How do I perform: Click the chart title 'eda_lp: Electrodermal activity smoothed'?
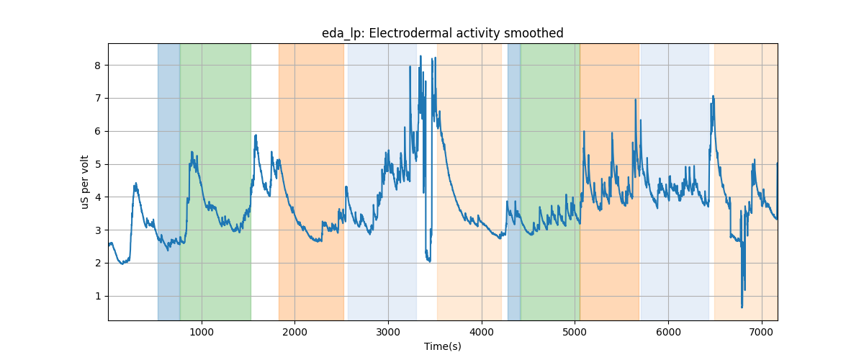pyautogui.click(x=442, y=33)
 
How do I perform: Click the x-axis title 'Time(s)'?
pyautogui.click(x=442, y=346)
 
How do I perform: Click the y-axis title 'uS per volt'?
pyautogui.click(x=85, y=182)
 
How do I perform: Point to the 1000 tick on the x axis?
pyautogui.click(x=202, y=331)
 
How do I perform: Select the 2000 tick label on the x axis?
pyautogui.click(x=295, y=331)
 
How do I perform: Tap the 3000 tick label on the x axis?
pyautogui.click(x=388, y=331)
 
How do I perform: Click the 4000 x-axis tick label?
pyautogui.click(x=482, y=331)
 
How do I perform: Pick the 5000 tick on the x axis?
pyautogui.click(x=575, y=331)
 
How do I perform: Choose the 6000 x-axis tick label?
pyautogui.click(x=668, y=331)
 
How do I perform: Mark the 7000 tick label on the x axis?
pyautogui.click(x=761, y=331)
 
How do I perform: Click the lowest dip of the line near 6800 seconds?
pyautogui.click(x=742, y=307)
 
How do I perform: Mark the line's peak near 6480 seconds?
pyautogui.click(x=713, y=96)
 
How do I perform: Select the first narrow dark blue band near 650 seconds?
pyautogui.click(x=168, y=180)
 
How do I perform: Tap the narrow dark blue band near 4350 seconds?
pyautogui.click(x=514, y=180)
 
